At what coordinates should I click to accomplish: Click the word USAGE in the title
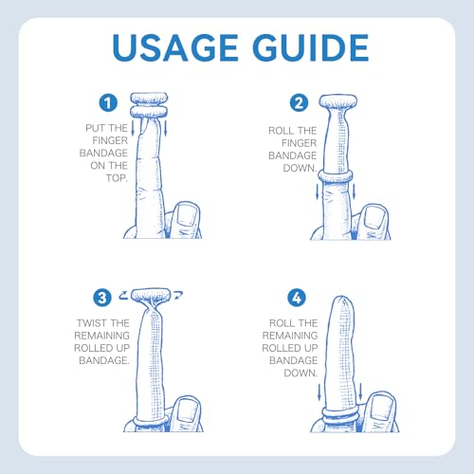point(175,47)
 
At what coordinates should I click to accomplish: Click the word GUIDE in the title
point(311,47)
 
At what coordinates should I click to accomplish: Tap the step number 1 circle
point(108,102)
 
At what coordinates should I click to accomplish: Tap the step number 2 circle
point(299,102)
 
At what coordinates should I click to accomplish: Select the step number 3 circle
point(102,298)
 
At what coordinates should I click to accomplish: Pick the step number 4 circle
point(297,298)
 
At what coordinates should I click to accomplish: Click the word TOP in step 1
point(117,178)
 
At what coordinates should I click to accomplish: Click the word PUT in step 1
point(96,128)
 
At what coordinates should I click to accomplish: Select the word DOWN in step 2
point(300,168)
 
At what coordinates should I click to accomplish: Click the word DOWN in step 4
point(301,373)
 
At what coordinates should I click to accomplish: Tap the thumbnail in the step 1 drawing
point(187,215)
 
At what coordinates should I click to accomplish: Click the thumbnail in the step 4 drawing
point(382,408)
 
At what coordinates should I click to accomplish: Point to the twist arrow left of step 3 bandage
point(124,295)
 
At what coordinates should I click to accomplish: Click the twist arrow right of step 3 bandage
point(178,295)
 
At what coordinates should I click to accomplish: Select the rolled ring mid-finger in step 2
point(336,176)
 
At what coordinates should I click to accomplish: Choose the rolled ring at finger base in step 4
point(340,413)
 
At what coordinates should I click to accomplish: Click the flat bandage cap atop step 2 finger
point(337,101)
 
